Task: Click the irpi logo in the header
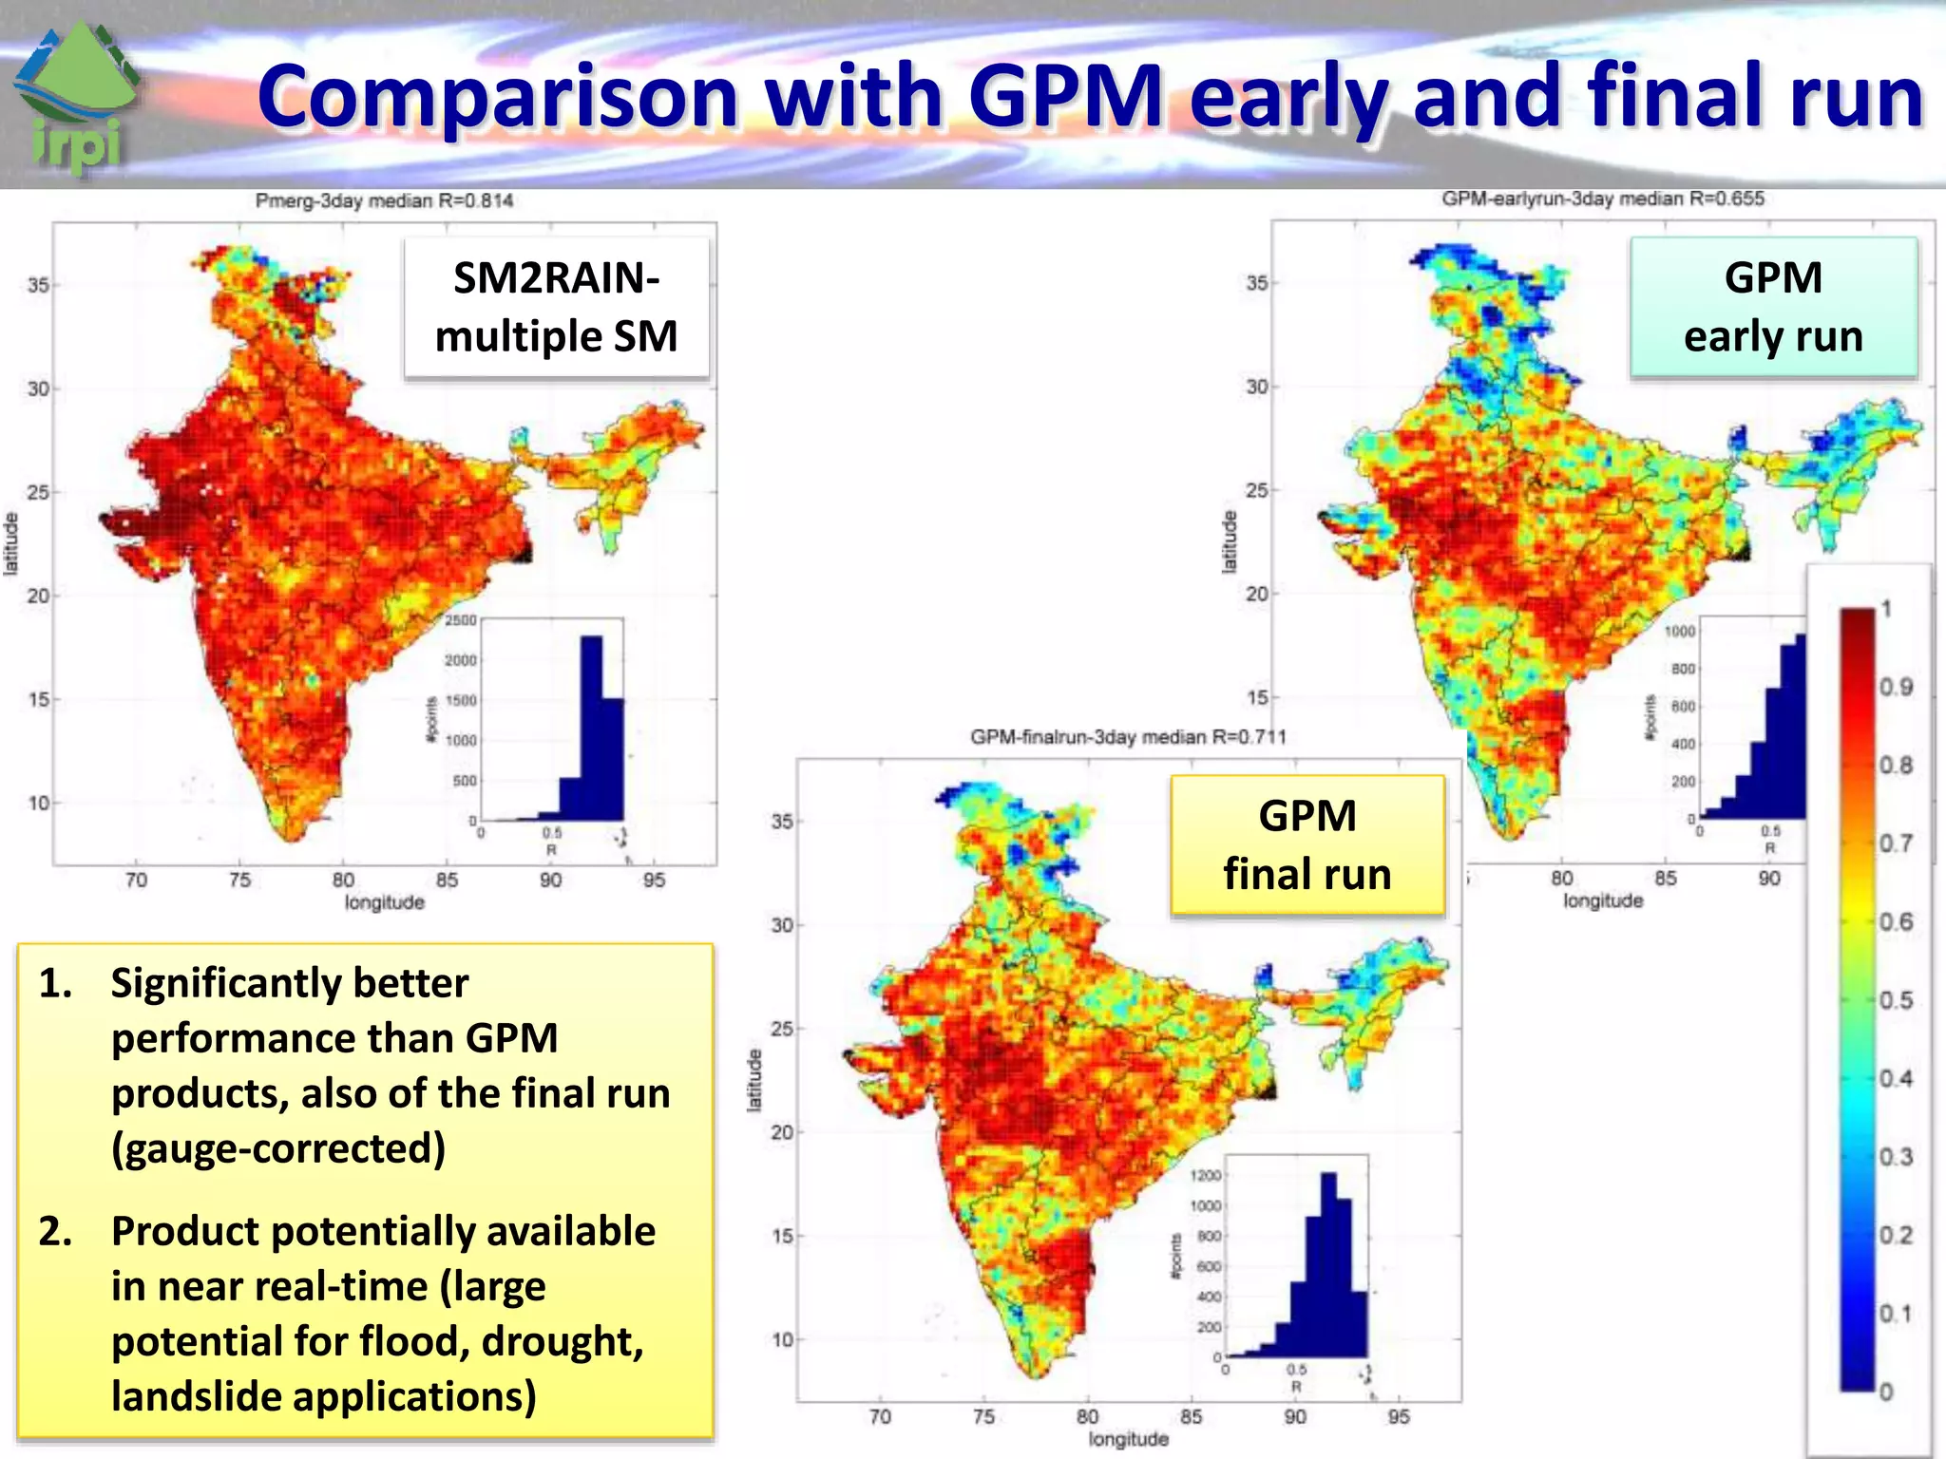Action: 78,95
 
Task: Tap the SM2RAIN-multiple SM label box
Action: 557,308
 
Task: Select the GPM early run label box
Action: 1773,308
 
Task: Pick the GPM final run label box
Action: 1307,845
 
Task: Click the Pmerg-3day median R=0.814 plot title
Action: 384,201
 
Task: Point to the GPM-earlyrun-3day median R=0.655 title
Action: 1603,199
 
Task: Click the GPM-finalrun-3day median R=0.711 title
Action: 1128,737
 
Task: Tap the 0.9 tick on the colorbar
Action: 1896,687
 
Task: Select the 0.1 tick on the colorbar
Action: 1896,1314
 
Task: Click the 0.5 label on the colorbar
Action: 1896,1000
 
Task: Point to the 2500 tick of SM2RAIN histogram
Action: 461,620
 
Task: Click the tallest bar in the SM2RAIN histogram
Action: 591,728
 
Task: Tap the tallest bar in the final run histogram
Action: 1328,1264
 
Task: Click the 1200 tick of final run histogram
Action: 1206,1176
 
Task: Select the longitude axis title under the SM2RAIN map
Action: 384,902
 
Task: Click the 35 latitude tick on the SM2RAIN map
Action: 38,285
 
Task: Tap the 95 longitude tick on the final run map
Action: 1399,1417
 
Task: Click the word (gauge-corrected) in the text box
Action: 278,1148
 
